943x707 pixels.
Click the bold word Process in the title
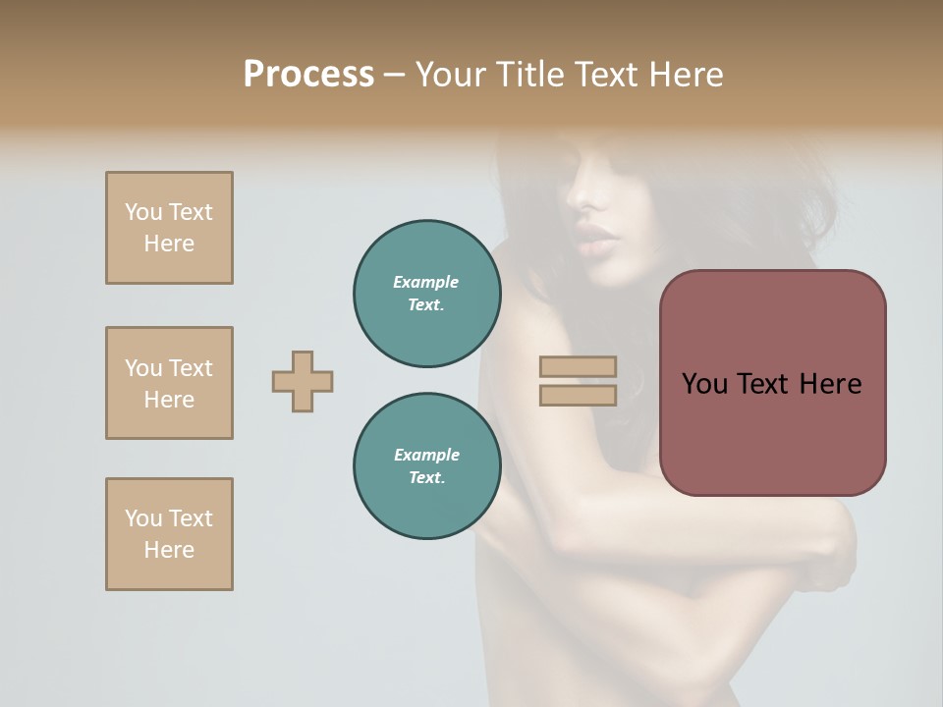click(308, 75)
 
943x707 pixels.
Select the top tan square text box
click(169, 228)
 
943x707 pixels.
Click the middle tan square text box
click(169, 383)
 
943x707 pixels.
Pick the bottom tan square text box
click(169, 534)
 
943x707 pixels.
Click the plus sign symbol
click(303, 381)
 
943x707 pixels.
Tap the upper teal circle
click(427, 294)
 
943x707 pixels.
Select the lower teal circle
click(427, 466)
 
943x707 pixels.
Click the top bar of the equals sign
click(578, 367)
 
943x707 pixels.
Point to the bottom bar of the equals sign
click(578, 395)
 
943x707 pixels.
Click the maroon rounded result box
click(772, 383)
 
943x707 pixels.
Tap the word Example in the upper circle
click(426, 282)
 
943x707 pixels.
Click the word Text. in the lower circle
click(426, 478)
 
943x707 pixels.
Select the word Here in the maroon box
click(830, 384)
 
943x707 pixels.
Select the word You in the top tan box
click(143, 212)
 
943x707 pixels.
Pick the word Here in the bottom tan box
click(169, 550)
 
